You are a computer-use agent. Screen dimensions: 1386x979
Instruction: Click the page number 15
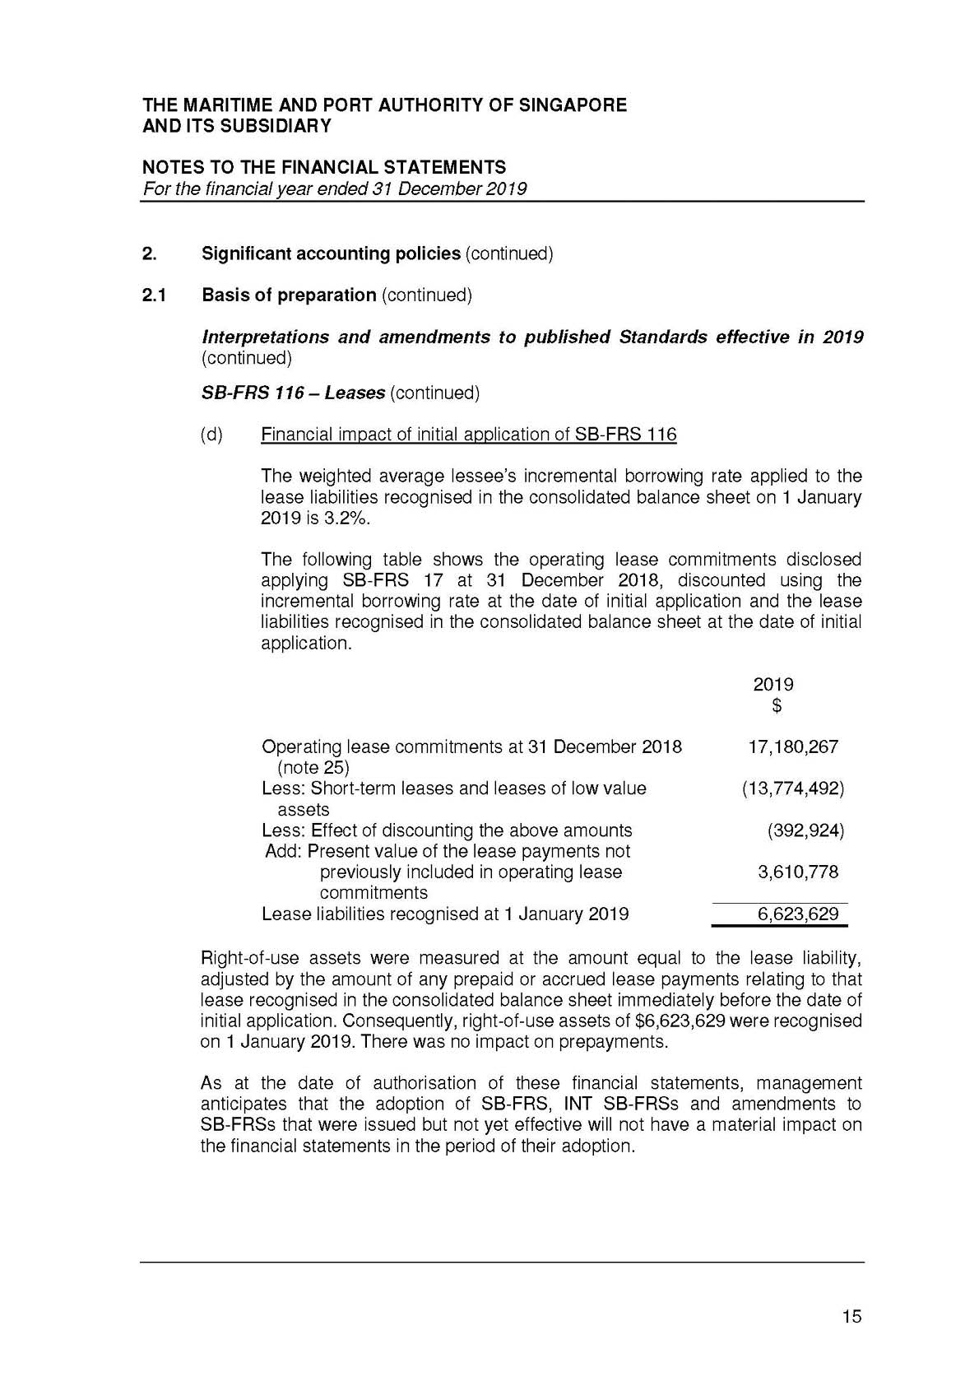(x=851, y=1316)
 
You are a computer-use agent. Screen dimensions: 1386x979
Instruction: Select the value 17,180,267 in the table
(x=792, y=746)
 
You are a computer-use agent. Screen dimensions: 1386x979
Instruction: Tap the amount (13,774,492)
(x=792, y=788)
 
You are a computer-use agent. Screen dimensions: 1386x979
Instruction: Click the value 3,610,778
(x=797, y=872)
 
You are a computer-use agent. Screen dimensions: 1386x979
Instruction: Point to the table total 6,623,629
(x=797, y=914)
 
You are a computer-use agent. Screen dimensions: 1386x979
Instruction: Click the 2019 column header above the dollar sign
(x=773, y=685)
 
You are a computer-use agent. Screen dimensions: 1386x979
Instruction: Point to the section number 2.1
(x=154, y=295)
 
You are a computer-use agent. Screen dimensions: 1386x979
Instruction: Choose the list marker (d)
(x=211, y=435)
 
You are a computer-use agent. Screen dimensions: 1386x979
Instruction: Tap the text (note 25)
(x=313, y=768)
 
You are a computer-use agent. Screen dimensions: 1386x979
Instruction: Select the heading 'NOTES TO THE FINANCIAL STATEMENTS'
(x=324, y=168)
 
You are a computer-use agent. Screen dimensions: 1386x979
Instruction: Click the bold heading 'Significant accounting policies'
(x=331, y=253)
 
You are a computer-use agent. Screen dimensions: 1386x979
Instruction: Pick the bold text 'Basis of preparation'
(x=289, y=295)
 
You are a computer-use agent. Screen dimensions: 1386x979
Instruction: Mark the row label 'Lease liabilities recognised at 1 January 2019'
(x=444, y=914)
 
